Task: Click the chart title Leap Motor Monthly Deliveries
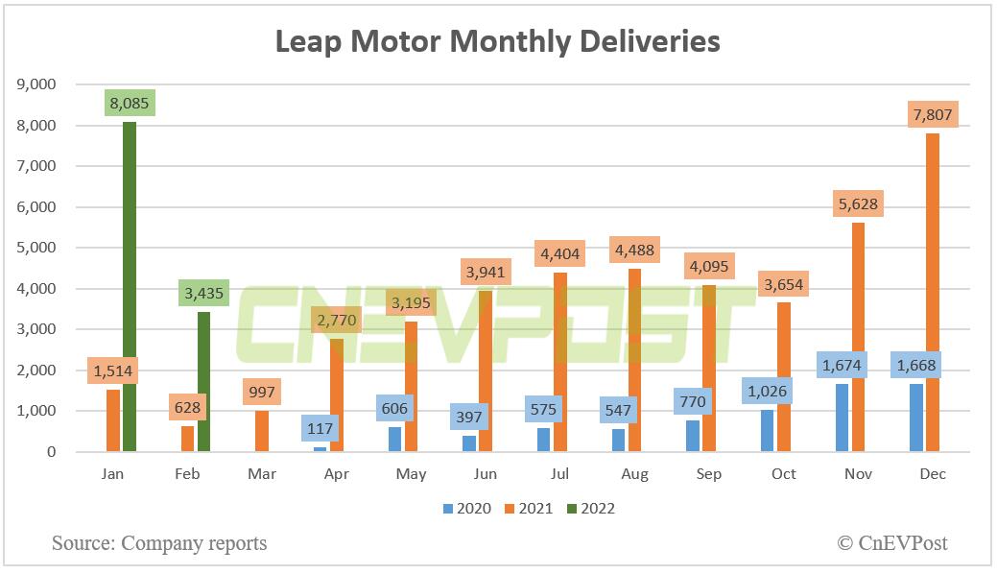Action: [x=498, y=41]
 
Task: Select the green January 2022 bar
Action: [x=129, y=288]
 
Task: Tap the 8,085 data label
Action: [x=129, y=102]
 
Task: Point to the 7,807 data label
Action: [x=932, y=114]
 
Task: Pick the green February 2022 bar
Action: [x=203, y=382]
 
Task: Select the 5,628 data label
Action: [x=857, y=203]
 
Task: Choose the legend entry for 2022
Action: [x=588, y=509]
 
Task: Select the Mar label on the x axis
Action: [x=262, y=474]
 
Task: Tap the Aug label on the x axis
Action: [x=634, y=474]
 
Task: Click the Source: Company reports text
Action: [x=159, y=543]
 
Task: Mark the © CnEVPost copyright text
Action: [x=891, y=543]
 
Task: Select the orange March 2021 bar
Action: [x=262, y=432]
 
